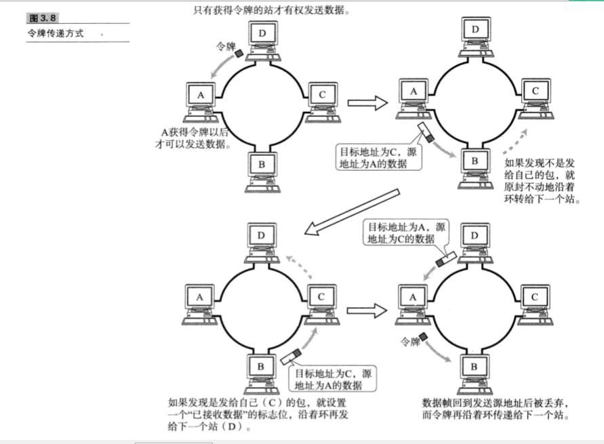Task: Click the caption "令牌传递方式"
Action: (56, 33)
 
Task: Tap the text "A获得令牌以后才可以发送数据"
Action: (196, 137)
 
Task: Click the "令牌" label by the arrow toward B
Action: (411, 342)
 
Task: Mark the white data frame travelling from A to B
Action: (425, 130)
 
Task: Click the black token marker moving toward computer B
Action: (425, 337)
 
